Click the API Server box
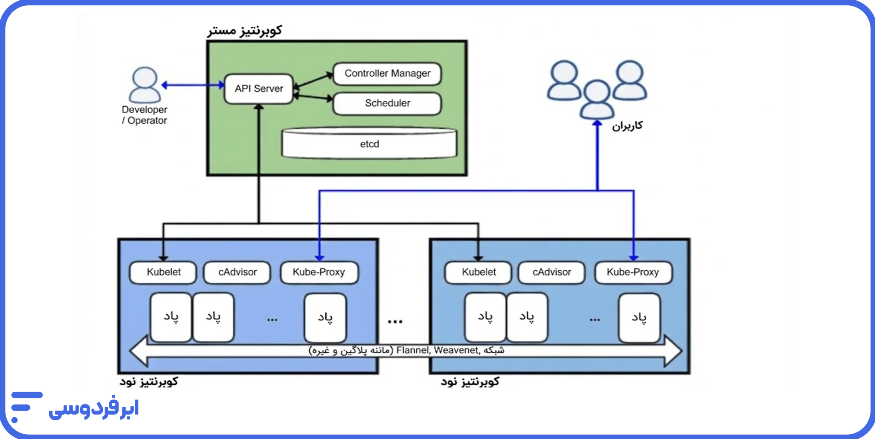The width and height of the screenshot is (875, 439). pyautogui.click(x=259, y=89)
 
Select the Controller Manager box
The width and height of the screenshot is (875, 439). pyautogui.click(x=387, y=73)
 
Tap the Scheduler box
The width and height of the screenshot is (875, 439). pyautogui.click(x=387, y=103)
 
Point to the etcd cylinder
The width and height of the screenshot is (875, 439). pyautogui.click(x=369, y=144)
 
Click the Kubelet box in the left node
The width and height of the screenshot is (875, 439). pyautogui.click(x=163, y=272)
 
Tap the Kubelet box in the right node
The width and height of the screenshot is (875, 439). pyautogui.click(x=479, y=272)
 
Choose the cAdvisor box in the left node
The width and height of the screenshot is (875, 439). pyautogui.click(x=237, y=272)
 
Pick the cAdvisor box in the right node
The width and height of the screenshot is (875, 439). pyautogui.click(x=551, y=272)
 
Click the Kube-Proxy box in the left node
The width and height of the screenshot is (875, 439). pyautogui.click(x=319, y=272)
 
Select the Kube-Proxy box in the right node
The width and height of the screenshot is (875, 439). pyautogui.click(x=633, y=272)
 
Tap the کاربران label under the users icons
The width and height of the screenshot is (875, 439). pyautogui.click(x=627, y=126)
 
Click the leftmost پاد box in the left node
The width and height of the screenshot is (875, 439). pyautogui.click(x=171, y=317)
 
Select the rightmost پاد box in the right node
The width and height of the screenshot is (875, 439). pyautogui.click(x=639, y=317)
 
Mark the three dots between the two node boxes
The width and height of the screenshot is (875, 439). pyautogui.click(x=395, y=321)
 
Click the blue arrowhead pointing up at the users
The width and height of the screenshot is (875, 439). pyautogui.click(x=597, y=124)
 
